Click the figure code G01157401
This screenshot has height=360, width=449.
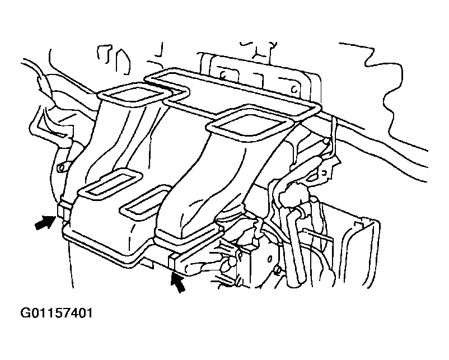57,313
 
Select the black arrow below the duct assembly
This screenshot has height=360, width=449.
178,283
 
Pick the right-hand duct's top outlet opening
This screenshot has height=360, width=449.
249,123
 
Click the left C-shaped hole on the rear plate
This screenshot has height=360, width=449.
222,75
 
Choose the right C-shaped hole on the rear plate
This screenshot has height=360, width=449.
294,90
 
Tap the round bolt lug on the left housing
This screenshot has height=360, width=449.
60,168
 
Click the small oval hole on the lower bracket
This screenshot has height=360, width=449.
269,259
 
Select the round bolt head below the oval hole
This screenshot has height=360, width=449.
277,269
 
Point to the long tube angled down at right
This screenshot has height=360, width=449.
294,246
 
